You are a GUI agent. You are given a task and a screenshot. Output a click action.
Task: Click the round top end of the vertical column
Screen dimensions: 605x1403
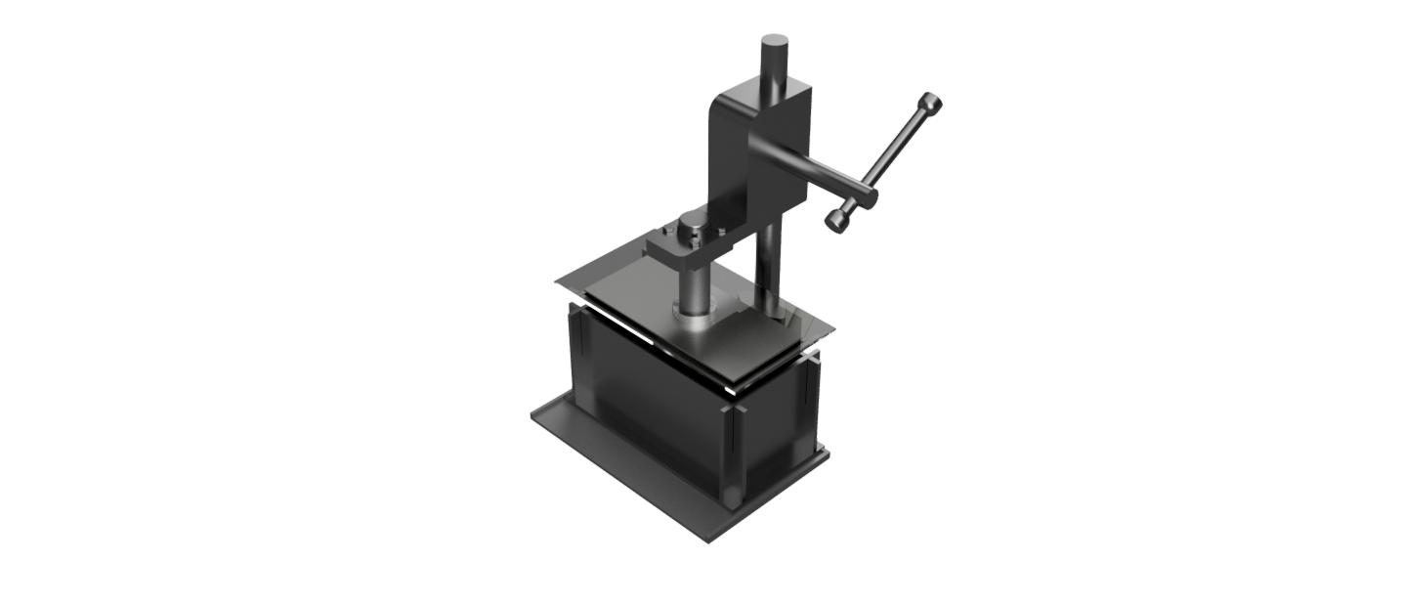coord(775,43)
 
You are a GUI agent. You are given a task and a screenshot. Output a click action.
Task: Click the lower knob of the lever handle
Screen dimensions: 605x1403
coord(836,221)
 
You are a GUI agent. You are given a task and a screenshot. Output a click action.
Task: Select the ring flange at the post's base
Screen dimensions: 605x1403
coord(695,314)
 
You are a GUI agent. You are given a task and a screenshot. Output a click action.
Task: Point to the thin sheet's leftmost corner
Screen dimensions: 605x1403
coord(557,283)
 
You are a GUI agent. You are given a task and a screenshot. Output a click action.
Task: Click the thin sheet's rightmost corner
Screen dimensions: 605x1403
coord(836,329)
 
